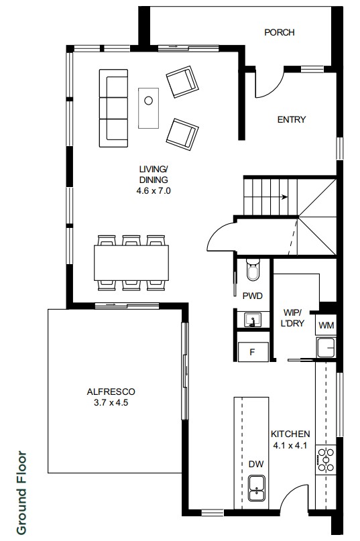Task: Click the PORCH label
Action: [x=280, y=32]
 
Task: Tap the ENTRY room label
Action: [x=292, y=120]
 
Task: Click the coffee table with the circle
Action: [x=148, y=108]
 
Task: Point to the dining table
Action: [x=131, y=263]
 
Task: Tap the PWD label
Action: [x=252, y=296]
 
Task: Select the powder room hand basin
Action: [x=253, y=320]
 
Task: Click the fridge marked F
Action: [x=253, y=352]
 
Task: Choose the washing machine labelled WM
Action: [x=326, y=325]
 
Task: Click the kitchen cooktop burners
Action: [x=326, y=459]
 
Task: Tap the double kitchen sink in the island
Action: [x=257, y=488]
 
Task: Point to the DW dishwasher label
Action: [x=256, y=464]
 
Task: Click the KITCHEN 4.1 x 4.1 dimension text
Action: [x=290, y=445]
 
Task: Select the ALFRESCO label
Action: [x=111, y=392]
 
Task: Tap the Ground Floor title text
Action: [x=21, y=493]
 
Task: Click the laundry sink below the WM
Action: [x=326, y=347]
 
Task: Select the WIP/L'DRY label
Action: [x=294, y=318]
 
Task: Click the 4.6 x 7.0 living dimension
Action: [x=154, y=190]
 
